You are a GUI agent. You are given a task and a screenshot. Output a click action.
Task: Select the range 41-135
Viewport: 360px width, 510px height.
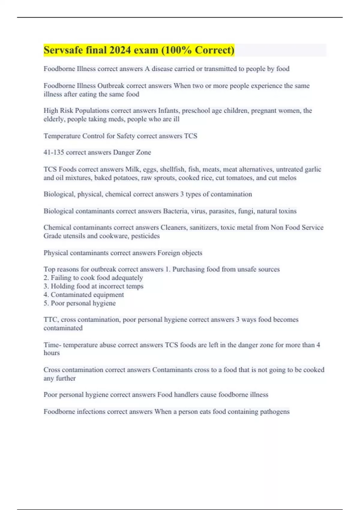point(54,152)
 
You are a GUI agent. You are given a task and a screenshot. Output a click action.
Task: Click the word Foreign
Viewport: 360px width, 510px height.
point(168,253)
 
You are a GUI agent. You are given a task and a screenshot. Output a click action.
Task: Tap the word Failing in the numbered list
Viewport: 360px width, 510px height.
point(61,278)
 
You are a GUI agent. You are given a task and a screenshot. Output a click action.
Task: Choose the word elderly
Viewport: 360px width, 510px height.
point(54,119)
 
